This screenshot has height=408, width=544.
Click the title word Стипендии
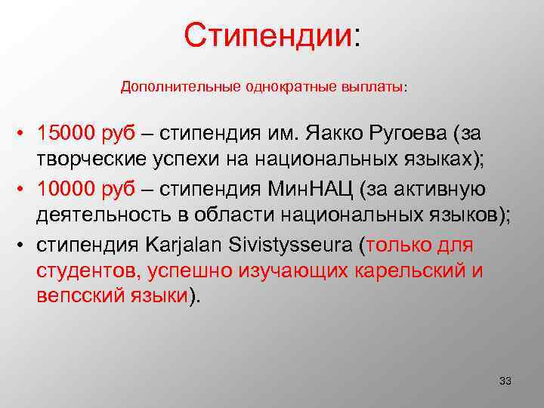[267, 35]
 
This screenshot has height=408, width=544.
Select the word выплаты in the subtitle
[376, 87]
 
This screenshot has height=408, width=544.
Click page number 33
[505, 380]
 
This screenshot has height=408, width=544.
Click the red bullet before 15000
[25, 134]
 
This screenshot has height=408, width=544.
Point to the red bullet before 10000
[25, 188]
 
